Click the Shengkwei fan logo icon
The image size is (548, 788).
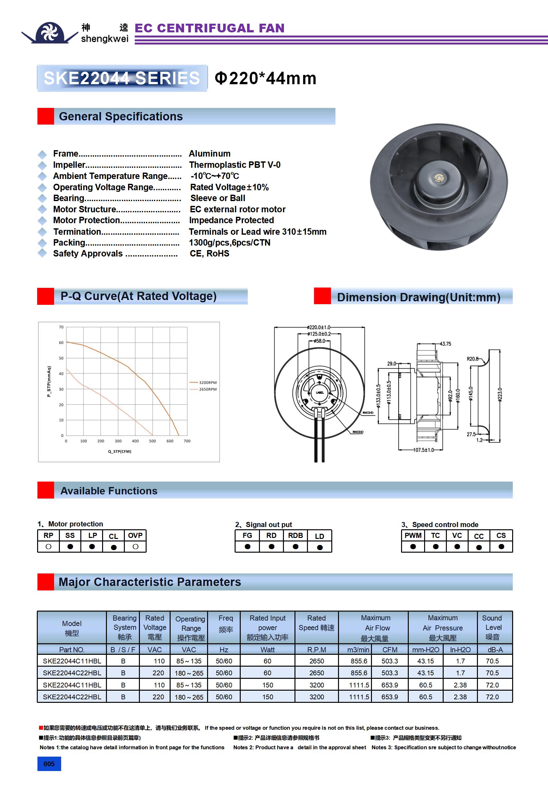coord(50,33)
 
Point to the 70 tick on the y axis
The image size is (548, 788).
coord(61,327)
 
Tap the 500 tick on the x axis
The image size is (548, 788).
coord(152,441)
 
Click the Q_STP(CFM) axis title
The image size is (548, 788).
coord(120,451)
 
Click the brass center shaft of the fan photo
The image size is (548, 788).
coord(439,178)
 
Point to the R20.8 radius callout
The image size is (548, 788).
coord(472,359)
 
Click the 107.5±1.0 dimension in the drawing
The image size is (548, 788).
coord(423,450)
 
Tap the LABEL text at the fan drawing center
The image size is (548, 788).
coord(319,392)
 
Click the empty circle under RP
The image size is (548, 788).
coord(48,546)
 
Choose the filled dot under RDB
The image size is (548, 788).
coord(295,546)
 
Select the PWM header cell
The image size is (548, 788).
coord(413,535)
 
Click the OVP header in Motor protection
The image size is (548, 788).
coord(135,535)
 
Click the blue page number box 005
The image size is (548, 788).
coord(49,764)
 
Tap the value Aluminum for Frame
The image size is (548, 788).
coord(210,153)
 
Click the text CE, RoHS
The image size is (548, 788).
coord(209,253)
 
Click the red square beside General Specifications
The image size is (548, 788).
coord(46,116)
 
